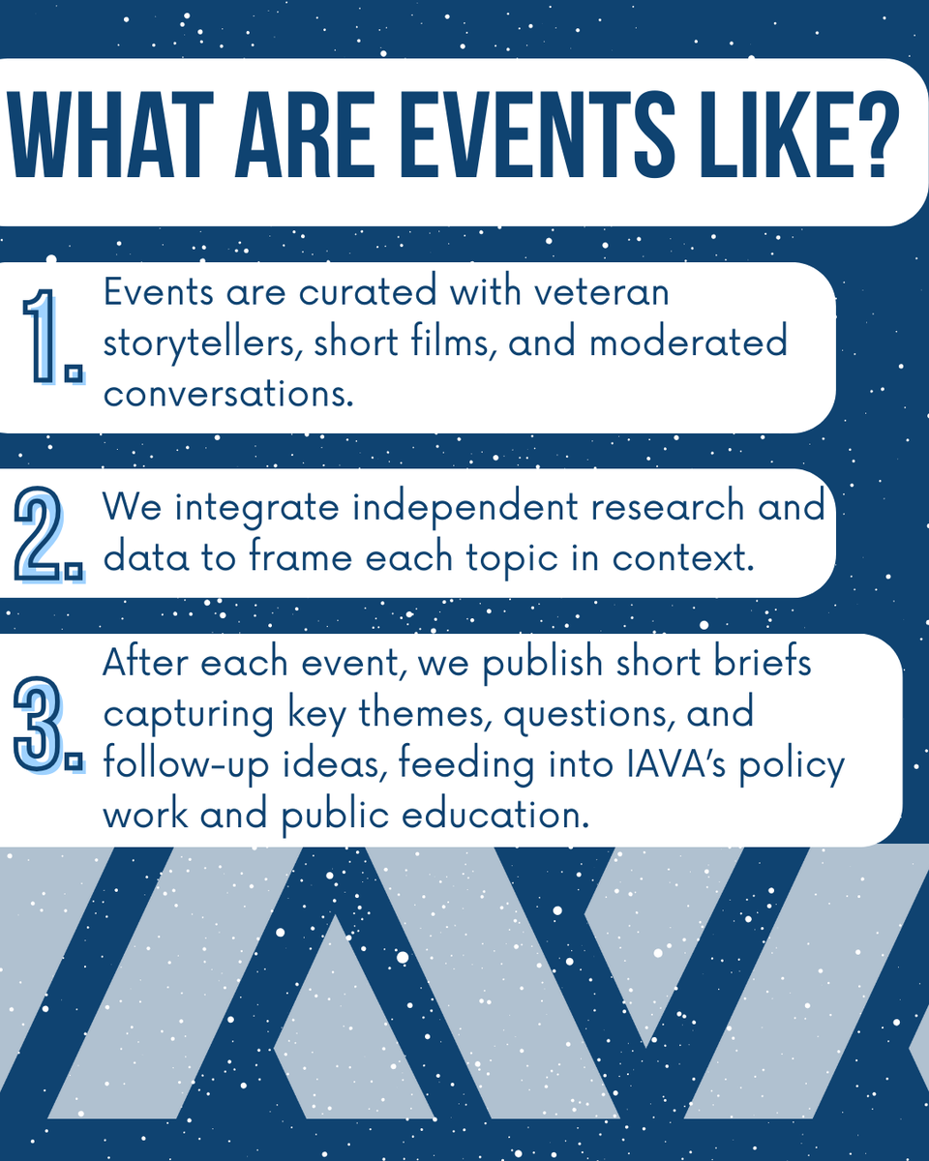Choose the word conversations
(226, 395)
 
